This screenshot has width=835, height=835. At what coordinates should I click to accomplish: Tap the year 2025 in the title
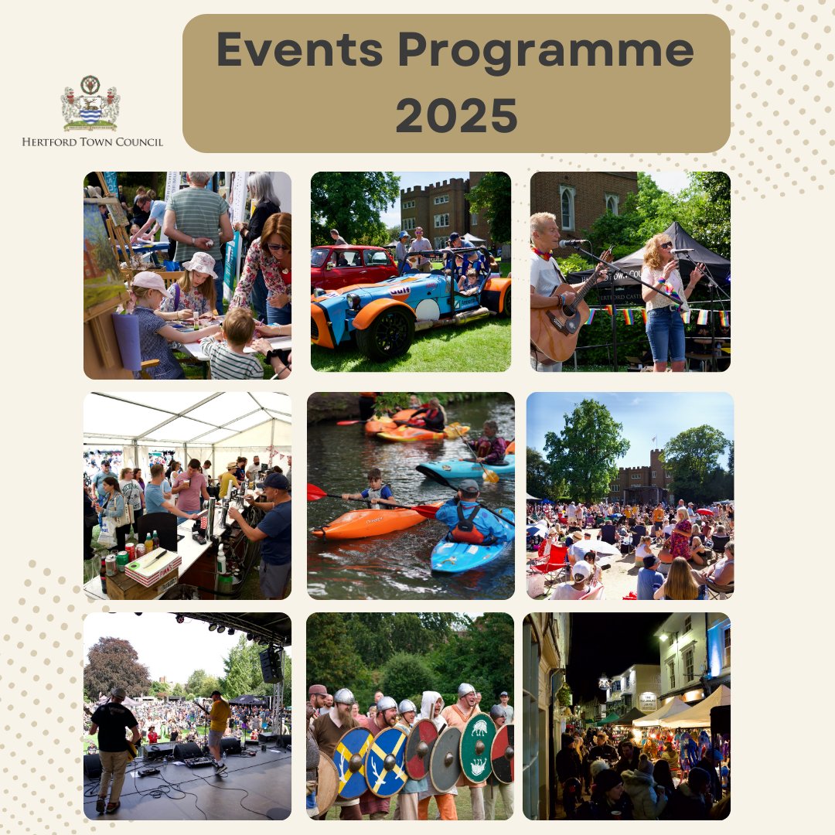tap(456, 114)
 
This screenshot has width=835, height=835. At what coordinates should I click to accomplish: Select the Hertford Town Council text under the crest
tap(92, 141)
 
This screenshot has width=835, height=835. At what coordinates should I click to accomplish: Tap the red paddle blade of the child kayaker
tap(316, 492)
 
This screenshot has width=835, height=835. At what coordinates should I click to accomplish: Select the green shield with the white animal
tap(478, 748)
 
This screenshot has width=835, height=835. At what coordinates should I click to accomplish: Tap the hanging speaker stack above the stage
tap(271, 665)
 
